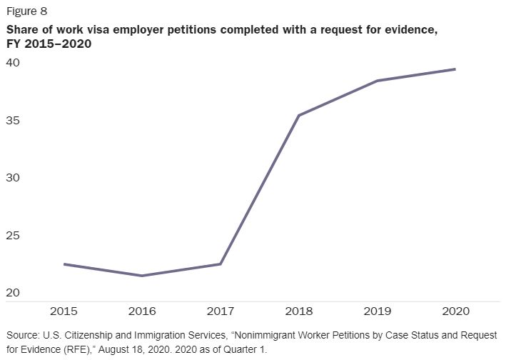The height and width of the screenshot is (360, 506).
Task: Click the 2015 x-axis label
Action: click(64, 312)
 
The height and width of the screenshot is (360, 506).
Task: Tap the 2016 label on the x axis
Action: click(142, 312)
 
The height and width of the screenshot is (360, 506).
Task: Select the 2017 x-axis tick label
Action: click(221, 312)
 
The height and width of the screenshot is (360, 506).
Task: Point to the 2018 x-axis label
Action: click(298, 312)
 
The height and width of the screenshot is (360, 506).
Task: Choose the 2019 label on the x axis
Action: click(377, 312)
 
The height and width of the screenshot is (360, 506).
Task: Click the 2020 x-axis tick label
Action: click(455, 312)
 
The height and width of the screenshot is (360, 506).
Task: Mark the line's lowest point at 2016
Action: click(142, 276)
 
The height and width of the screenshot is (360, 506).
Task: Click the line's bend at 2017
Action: click(221, 264)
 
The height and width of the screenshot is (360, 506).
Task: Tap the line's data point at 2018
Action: click(298, 115)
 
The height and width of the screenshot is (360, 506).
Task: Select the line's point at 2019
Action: click(377, 81)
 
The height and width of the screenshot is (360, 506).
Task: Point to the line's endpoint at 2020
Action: click(455, 69)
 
